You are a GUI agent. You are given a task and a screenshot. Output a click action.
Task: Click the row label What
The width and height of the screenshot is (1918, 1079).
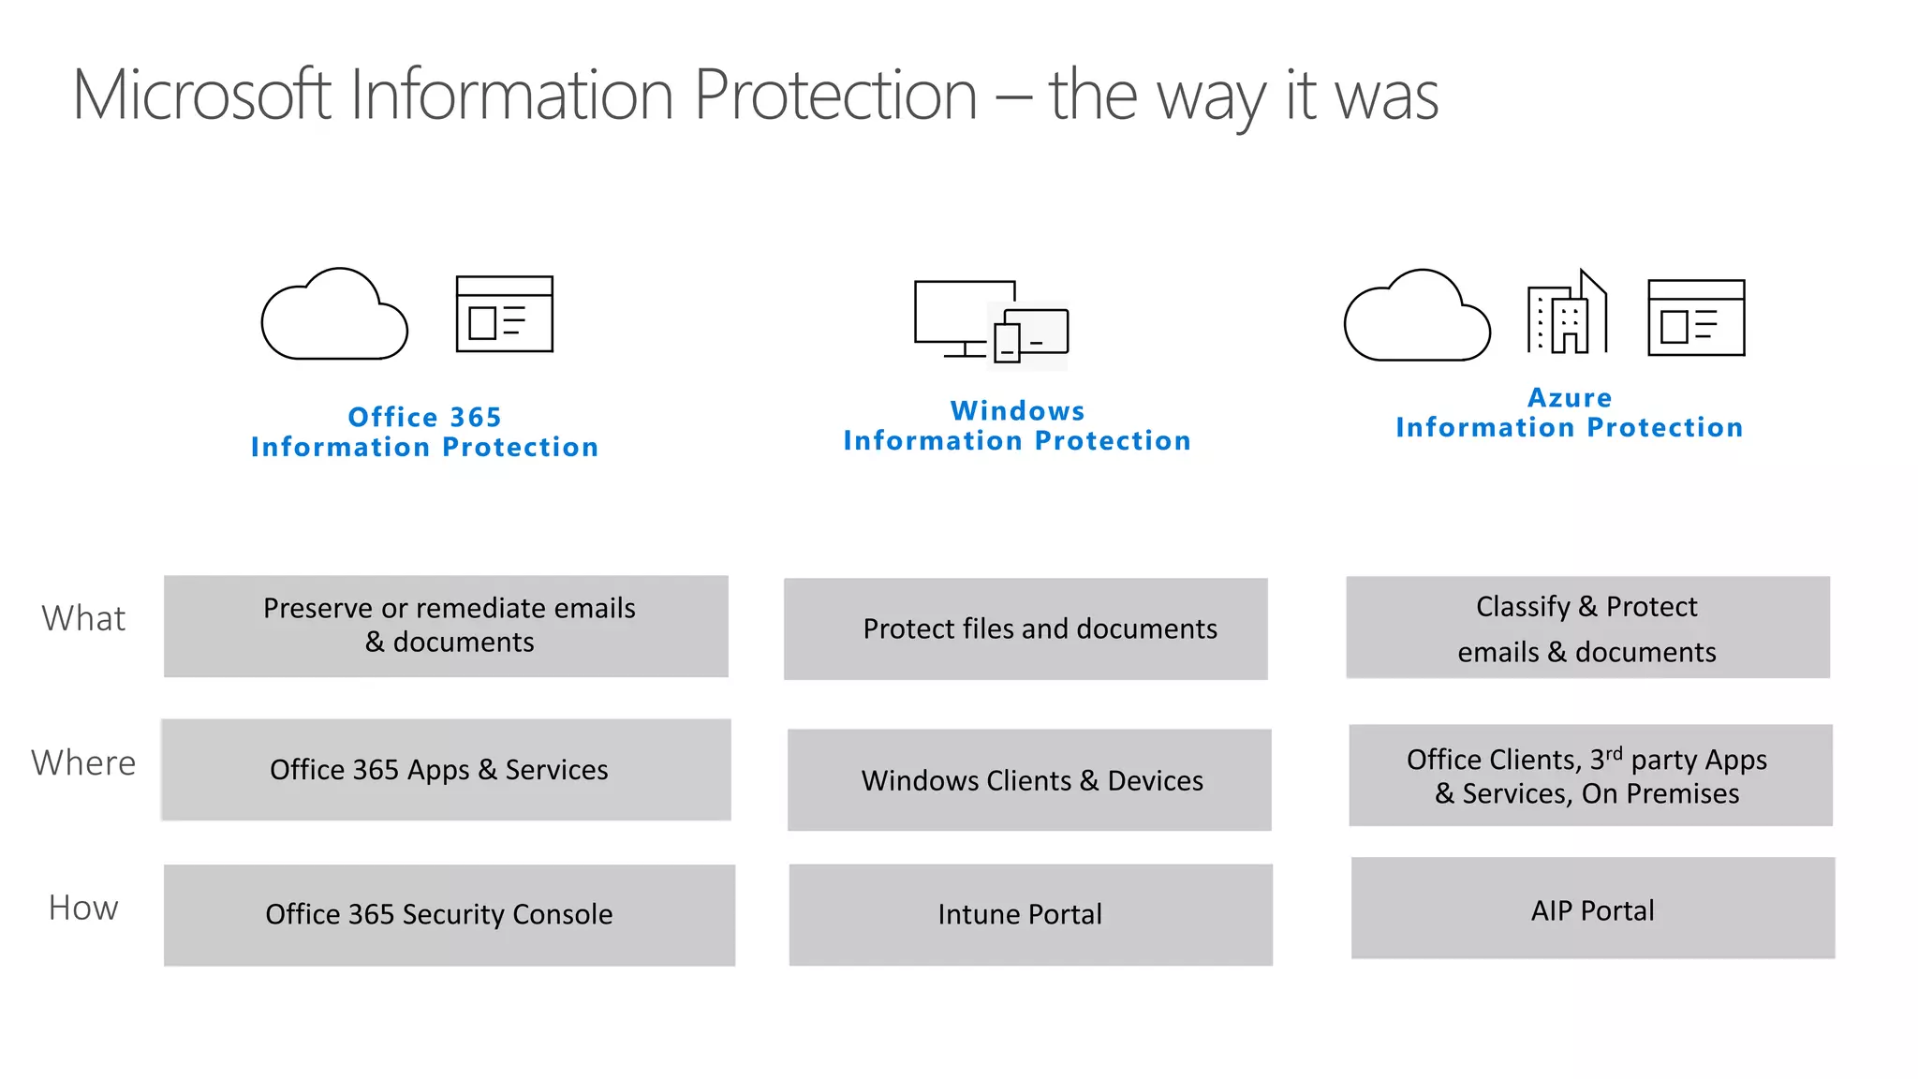click(x=83, y=619)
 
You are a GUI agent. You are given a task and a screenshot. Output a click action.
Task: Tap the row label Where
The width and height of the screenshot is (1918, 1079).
click(x=83, y=763)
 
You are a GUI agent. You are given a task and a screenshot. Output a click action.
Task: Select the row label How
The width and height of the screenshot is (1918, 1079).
click(x=83, y=909)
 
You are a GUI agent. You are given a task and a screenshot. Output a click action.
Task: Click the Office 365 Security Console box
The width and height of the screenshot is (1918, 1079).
click(x=449, y=915)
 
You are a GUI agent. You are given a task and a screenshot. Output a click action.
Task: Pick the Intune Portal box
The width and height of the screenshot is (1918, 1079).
click(x=1030, y=915)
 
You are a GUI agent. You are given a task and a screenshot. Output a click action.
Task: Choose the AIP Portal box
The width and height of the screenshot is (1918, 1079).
click(x=1592, y=909)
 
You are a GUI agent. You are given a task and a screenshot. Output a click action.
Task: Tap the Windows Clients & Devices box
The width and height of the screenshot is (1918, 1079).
click(x=1029, y=780)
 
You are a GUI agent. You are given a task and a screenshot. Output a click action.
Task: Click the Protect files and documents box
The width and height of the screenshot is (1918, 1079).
click(x=1025, y=628)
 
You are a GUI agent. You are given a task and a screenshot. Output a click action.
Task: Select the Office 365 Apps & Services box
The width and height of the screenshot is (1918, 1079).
click(x=446, y=770)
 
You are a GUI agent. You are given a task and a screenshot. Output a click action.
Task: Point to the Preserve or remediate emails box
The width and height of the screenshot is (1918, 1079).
click(x=446, y=626)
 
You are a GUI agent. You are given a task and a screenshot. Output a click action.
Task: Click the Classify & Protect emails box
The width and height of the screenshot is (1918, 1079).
click(x=1587, y=628)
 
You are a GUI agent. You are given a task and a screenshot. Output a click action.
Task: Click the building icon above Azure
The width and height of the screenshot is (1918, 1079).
click(x=1567, y=313)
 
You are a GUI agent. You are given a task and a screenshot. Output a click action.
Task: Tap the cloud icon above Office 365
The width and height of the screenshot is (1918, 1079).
click(x=334, y=316)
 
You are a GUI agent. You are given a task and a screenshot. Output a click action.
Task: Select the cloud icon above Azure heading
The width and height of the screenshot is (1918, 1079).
click(x=1417, y=317)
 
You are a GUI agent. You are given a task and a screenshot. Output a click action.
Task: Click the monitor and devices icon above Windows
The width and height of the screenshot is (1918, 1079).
click(x=991, y=321)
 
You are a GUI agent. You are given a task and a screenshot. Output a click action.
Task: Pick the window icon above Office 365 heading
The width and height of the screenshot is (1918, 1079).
click(x=504, y=314)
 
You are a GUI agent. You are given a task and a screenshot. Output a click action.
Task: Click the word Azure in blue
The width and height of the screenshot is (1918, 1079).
click(x=1570, y=398)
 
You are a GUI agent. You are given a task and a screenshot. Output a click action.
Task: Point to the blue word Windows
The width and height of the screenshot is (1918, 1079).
click(x=1017, y=411)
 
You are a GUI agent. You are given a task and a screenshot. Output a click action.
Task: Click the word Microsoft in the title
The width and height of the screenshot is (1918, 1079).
click(x=201, y=96)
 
